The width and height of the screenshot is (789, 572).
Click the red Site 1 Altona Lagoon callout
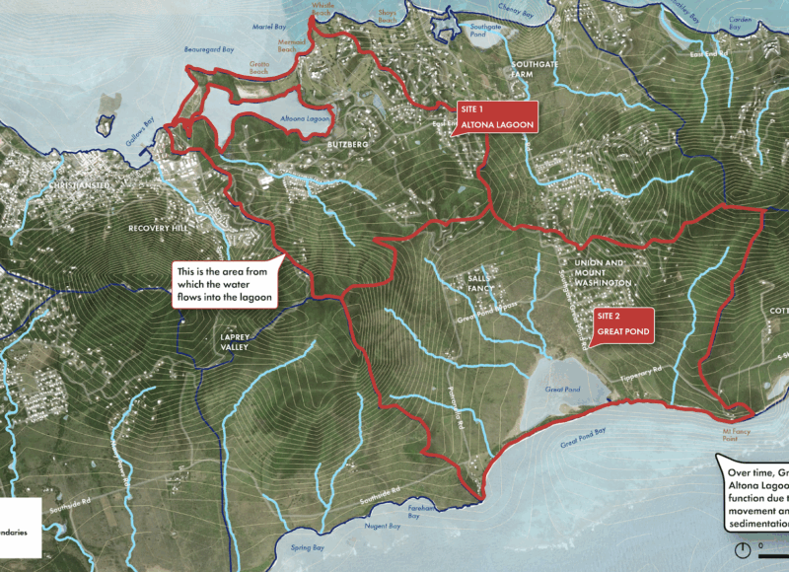(497, 116)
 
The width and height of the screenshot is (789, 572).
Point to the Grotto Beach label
(259, 69)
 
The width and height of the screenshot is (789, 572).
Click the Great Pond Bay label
(582, 442)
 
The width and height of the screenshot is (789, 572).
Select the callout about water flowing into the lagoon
(225, 283)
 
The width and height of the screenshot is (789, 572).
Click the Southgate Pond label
(485, 30)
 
